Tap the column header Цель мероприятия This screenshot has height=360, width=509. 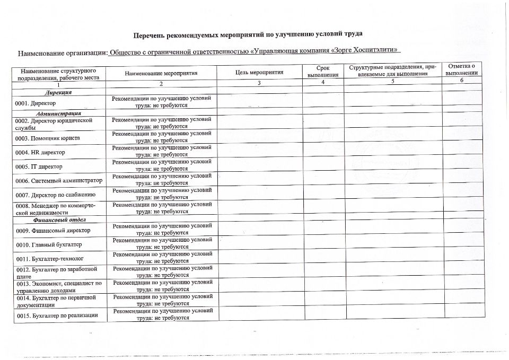click(259, 73)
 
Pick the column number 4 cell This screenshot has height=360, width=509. click(322, 84)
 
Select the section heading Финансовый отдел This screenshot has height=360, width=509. click(59, 219)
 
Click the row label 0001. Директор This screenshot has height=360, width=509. click(36, 103)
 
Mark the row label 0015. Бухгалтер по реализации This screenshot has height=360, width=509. click(57, 316)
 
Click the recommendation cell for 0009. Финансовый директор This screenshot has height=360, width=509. click(162, 230)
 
